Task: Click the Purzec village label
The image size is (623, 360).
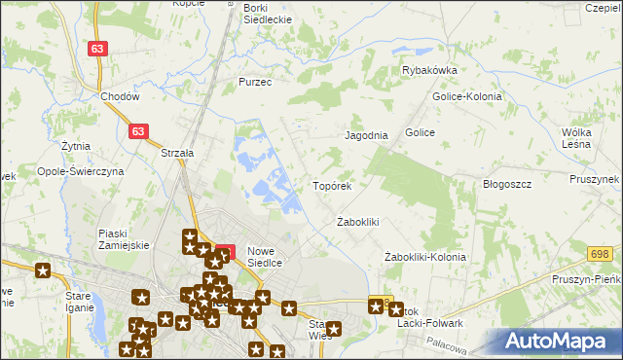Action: click(255, 83)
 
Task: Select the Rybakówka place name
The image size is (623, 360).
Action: click(429, 70)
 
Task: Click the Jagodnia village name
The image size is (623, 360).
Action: click(366, 135)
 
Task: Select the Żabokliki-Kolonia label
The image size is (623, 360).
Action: click(424, 257)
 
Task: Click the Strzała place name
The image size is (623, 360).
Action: click(178, 153)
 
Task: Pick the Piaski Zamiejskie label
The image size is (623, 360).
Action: click(124, 239)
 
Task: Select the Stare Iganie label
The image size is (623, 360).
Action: click(78, 300)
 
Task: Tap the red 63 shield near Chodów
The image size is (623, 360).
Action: click(96, 48)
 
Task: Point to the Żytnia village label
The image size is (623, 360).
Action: click(74, 146)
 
